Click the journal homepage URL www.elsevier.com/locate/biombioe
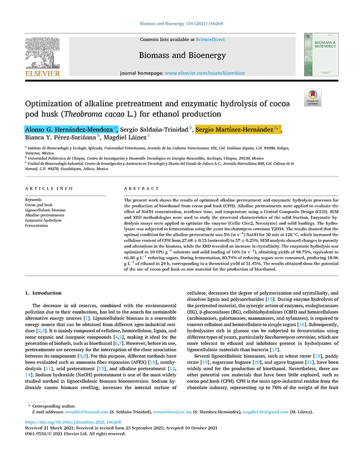click(205, 73)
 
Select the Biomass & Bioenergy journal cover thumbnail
click(321, 54)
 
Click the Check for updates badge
click(313, 98)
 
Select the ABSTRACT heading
click(141, 189)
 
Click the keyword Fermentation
click(37, 225)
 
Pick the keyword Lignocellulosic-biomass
click(45, 210)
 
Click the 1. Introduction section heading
click(43, 293)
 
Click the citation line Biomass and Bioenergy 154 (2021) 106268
click(180, 24)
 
